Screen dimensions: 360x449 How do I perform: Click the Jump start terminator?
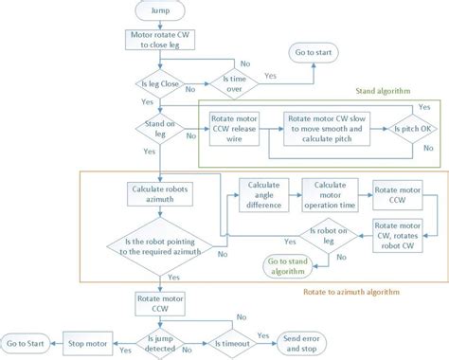[160, 11]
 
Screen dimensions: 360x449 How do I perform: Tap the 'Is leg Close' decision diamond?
[160, 85]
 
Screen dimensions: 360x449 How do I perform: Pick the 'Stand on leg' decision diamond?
[160, 125]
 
